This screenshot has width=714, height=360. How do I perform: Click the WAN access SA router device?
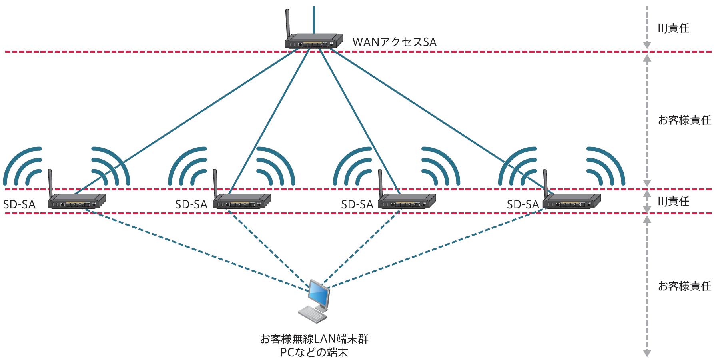click(x=314, y=41)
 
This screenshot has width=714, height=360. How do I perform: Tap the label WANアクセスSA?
click(x=394, y=42)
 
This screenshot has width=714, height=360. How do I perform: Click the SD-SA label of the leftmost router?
click(x=19, y=205)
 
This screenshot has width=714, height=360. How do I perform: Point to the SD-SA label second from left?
click(x=191, y=205)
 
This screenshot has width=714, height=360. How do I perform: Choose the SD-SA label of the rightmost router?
click(x=523, y=205)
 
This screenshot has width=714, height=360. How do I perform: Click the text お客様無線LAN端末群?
click(x=314, y=339)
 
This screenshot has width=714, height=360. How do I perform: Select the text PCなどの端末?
click(x=314, y=352)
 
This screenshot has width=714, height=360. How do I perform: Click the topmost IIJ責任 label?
click(x=674, y=28)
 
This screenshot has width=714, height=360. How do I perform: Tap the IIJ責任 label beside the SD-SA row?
click(x=674, y=201)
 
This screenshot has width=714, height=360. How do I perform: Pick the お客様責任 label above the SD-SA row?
click(x=684, y=120)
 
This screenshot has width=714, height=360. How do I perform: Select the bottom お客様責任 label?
click(x=684, y=286)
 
